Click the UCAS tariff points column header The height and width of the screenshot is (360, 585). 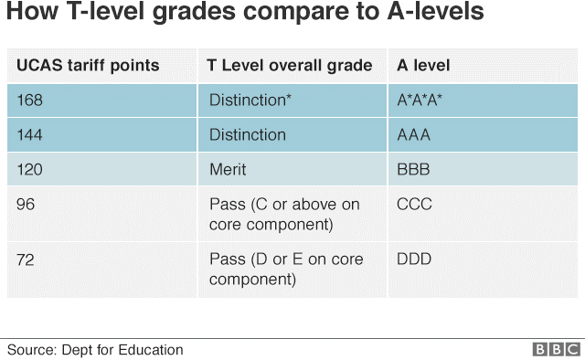(x=88, y=66)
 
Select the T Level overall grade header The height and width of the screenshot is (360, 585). (x=290, y=66)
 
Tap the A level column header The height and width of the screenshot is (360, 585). (x=423, y=65)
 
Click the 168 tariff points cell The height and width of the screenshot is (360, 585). (x=30, y=100)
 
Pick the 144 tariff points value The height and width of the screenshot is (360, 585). (x=30, y=134)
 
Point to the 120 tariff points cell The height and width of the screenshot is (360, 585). (x=30, y=169)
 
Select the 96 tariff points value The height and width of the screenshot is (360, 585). (x=26, y=204)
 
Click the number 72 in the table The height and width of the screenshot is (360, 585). (x=26, y=259)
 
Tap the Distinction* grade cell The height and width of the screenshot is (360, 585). (x=250, y=100)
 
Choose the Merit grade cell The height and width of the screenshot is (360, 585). (x=228, y=169)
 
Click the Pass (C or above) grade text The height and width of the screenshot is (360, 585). (x=284, y=215)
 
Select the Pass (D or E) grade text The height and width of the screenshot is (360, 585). (x=286, y=270)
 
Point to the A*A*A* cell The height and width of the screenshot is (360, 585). (x=420, y=100)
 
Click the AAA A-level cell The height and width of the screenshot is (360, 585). (x=414, y=134)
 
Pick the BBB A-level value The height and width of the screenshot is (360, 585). (x=413, y=169)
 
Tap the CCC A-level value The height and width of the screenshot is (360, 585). (x=414, y=204)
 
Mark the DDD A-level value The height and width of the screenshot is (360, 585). (x=414, y=259)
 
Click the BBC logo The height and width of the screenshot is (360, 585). (x=557, y=350)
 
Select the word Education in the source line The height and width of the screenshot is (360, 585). (x=151, y=350)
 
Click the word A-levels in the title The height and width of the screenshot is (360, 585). (x=436, y=11)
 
